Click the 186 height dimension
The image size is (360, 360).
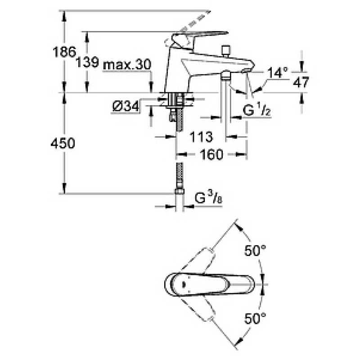click(x=64, y=52)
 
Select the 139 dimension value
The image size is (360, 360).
click(x=87, y=62)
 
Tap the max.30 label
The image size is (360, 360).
click(x=127, y=64)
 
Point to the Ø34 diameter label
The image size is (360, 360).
click(x=126, y=107)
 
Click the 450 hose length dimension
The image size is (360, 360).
click(x=63, y=143)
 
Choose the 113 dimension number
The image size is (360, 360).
click(x=201, y=137)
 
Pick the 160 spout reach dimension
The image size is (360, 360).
click(x=211, y=154)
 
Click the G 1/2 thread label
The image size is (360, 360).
click(x=257, y=110)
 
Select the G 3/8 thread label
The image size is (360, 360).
click(x=208, y=198)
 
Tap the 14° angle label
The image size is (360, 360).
click(x=277, y=72)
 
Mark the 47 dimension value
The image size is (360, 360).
click(x=301, y=82)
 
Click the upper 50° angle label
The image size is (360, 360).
click(x=255, y=250)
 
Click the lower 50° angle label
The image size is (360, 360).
click(x=255, y=318)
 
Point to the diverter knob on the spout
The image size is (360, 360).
click(x=225, y=51)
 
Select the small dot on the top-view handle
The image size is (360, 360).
click(x=184, y=285)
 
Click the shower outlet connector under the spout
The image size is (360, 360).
click(x=226, y=75)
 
